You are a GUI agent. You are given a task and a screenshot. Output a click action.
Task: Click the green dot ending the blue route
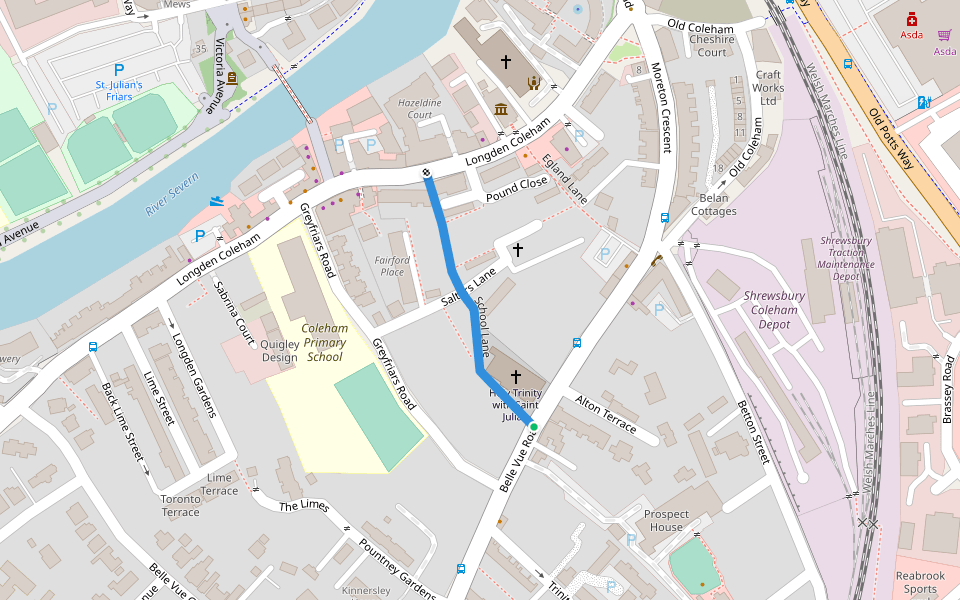click(534, 427)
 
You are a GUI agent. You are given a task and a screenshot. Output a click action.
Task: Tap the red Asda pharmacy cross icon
click(911, 19)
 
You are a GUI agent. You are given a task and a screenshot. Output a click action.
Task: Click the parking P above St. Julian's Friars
click(119, 70)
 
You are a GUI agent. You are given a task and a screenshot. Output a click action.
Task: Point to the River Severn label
click(173, 194)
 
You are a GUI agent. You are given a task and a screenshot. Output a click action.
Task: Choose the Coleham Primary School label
click(325, 342)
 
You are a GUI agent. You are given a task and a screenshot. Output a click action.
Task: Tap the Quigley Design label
click(280, 351)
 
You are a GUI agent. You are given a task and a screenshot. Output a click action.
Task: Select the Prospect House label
click(665, 520)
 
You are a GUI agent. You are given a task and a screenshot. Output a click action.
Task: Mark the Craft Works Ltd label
click(768, 87)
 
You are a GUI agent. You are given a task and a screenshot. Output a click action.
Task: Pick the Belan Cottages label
click(714, 204)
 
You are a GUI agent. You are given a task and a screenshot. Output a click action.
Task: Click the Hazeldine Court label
click(420, 109)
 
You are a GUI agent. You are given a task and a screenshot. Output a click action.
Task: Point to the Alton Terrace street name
click(605, 413)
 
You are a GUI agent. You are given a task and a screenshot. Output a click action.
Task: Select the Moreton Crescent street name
click(661, 110)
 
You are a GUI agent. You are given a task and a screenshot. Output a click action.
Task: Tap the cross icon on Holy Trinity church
click(516, 377)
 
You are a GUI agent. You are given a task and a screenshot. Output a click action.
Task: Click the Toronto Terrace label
click(181, 505)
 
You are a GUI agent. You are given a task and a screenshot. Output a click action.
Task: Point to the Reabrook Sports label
click(920, 582)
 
